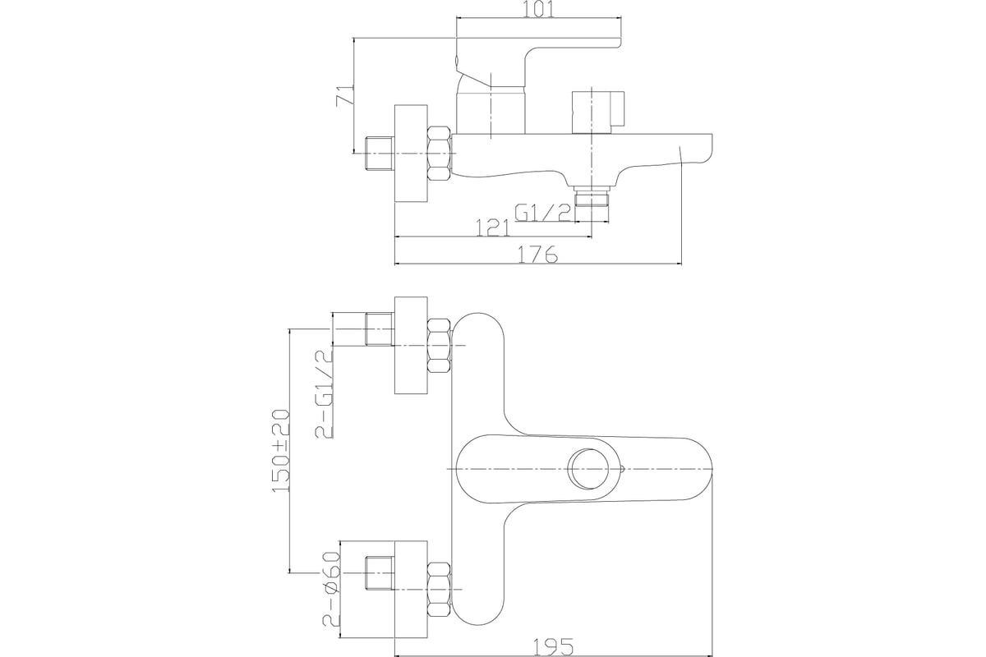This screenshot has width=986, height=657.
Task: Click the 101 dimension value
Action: pos(538,9)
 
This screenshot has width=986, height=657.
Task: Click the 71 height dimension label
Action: pos(345,94)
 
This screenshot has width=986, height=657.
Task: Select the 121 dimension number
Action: pos(492,227)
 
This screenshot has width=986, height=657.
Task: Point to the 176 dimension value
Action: pos(537,254)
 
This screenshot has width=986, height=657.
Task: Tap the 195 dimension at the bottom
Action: pos(553,647)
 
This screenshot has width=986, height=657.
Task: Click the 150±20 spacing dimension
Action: pos(282,451)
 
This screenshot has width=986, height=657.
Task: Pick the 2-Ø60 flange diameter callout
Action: pos(332,589)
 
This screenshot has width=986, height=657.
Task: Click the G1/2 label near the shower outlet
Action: pos(543,214)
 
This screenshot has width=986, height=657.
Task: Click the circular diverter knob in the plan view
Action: pos(591,469)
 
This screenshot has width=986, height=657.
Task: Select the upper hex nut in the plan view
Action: pos(440,346)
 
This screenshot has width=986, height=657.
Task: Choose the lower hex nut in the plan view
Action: pos(440,589)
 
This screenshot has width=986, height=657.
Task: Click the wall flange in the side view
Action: pos(411,154)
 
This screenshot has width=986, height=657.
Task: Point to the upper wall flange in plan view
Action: pos(411,346)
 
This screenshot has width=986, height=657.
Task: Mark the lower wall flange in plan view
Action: pos(411,589)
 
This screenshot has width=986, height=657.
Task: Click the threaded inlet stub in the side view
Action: pos(380,154)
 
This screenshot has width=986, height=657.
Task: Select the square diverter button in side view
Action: pos(598,113)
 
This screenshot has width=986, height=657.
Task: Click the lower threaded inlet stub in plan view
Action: pos(380,573)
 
